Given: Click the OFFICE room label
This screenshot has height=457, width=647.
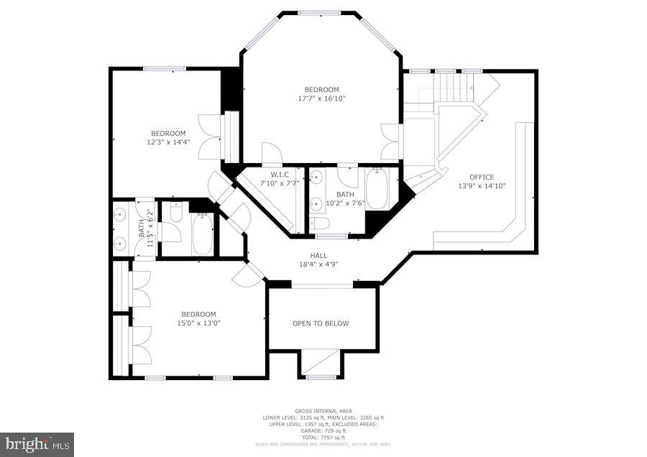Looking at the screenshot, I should (x=482, y=177).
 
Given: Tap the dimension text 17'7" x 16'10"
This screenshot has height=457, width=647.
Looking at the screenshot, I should (x=322, y=98).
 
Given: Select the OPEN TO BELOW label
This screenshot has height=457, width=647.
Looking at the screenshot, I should (x=321, y=323).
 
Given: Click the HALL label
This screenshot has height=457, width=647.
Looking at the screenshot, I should (x=318, y=256).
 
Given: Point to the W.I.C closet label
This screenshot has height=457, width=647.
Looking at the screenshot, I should (x=280, y=175).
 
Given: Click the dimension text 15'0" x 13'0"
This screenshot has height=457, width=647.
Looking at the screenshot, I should (x=198, y=323).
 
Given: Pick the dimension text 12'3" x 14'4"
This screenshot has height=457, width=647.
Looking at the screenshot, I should (x=168, y=142).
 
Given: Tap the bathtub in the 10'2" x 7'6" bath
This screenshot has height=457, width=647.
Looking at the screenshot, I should (x=377, y=188).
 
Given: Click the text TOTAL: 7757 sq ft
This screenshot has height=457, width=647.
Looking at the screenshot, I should (x=323, y=438).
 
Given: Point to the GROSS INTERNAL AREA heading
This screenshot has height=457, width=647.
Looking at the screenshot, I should (x=323, y=411).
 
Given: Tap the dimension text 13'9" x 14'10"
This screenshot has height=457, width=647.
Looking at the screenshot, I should (x=482, y=185).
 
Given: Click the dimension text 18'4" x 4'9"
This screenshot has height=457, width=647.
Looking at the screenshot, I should (x=318, y=264).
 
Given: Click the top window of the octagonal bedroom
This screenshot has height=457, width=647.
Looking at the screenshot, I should (x=320, y=13).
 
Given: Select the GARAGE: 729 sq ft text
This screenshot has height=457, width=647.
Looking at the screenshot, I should (x=323, y=431).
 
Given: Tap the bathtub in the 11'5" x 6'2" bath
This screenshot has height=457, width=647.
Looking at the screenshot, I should (x=203, y=235).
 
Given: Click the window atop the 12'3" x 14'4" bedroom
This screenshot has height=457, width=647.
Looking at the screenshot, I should (x=165, y=69).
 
